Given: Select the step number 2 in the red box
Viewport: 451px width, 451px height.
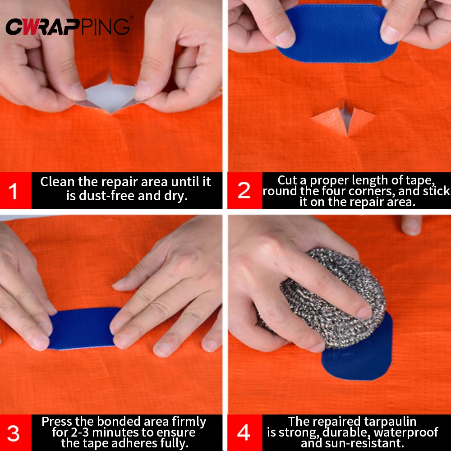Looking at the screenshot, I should pos(244,191).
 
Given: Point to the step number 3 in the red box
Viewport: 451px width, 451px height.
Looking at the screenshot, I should pos(14,433).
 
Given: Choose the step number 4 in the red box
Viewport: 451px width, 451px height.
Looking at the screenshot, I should pos(244,433).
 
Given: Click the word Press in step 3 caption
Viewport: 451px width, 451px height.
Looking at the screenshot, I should pos(57,422).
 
